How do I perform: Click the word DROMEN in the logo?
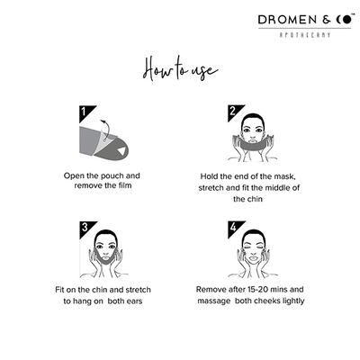[283, 18]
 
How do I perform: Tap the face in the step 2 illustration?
[254, 129]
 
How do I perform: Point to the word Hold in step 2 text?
[216, 176]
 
